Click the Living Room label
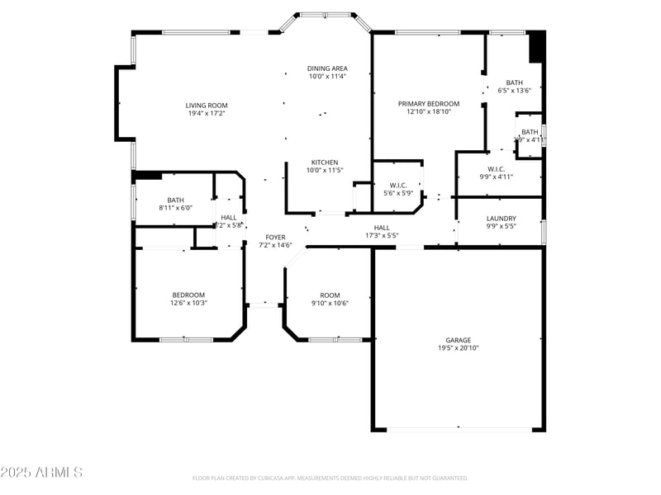tap(206, 105)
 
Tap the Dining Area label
tap(327, 68)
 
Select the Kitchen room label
tap(325, 162)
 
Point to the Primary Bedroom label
tap(428, 104)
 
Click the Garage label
tap(459, 340)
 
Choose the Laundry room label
tap(501, 219)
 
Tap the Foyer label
tap(275, 237)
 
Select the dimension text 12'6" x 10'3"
tap(188, 303)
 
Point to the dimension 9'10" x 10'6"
tap(330, 303)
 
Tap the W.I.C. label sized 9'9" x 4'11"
tap(497, 169)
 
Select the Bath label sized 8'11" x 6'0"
tap(175, 200)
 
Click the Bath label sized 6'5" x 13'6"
tap(514, 82)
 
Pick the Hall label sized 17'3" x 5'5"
tap(382, 228)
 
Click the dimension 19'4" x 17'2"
tap(206, 113)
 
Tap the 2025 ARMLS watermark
tap(41, 473)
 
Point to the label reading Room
tap(330, 295)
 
